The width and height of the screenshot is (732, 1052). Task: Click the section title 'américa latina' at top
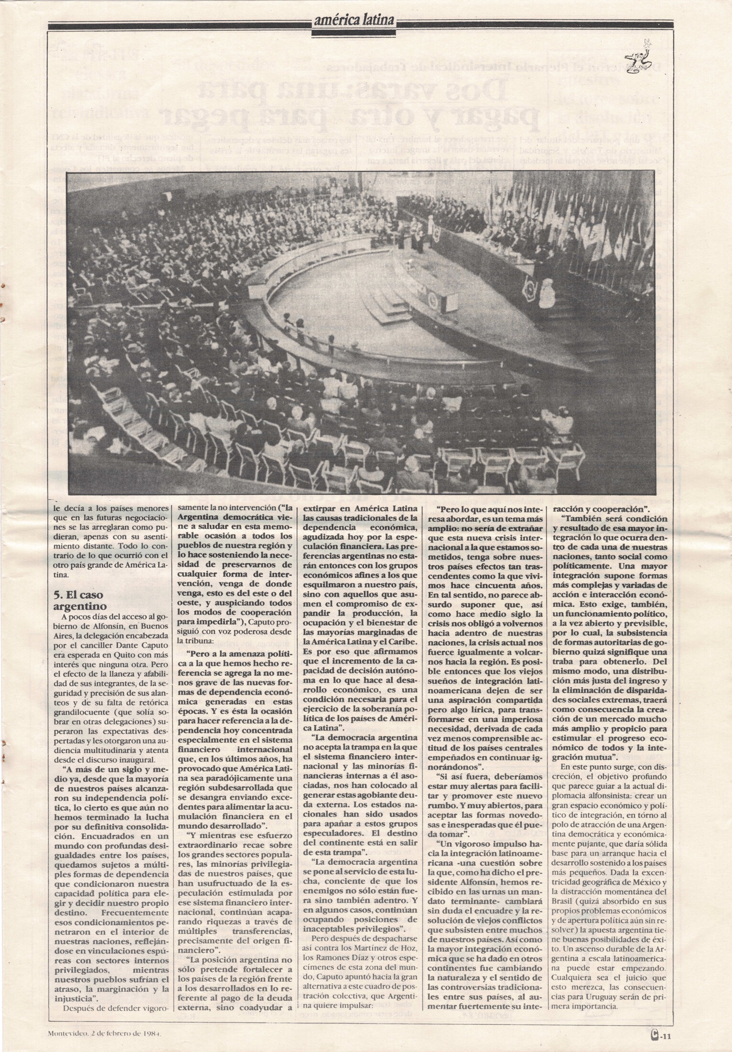point(354,20)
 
